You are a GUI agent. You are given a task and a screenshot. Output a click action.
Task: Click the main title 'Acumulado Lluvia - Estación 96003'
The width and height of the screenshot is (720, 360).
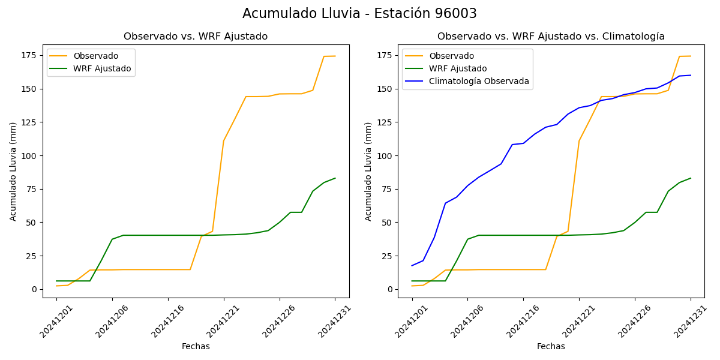pos(359,14)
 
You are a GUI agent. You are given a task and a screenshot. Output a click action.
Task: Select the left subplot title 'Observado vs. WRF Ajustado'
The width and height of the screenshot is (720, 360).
pos(196,37)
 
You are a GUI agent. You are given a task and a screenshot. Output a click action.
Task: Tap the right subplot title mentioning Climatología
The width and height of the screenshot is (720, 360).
pos(551,37)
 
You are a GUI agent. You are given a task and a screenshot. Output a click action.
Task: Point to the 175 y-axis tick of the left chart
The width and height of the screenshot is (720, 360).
pos(29,56)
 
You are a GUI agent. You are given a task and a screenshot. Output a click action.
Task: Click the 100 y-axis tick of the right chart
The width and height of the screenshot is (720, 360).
pos(384,156)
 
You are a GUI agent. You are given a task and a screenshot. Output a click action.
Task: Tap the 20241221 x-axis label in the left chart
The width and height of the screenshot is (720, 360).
pos(221,321)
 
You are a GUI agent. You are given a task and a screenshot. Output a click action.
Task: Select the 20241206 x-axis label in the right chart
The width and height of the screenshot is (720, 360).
pos(466,321)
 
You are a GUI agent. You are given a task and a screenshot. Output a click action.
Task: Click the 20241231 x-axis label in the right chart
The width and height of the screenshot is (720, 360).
pos(688,321)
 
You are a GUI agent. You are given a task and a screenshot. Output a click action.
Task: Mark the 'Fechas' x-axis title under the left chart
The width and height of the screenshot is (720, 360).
pos(196,346)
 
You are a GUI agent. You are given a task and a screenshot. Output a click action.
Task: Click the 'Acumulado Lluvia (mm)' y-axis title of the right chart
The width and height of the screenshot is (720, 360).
pos(368,172)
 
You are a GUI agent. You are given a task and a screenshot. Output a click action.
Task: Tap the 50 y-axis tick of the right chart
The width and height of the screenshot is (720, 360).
pos(386,223)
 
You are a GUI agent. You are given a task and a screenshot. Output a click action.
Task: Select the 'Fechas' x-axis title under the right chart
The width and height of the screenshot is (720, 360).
pos(551,346)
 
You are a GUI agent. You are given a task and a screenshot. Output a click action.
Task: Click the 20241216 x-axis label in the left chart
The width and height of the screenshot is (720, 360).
pos(166,321)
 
